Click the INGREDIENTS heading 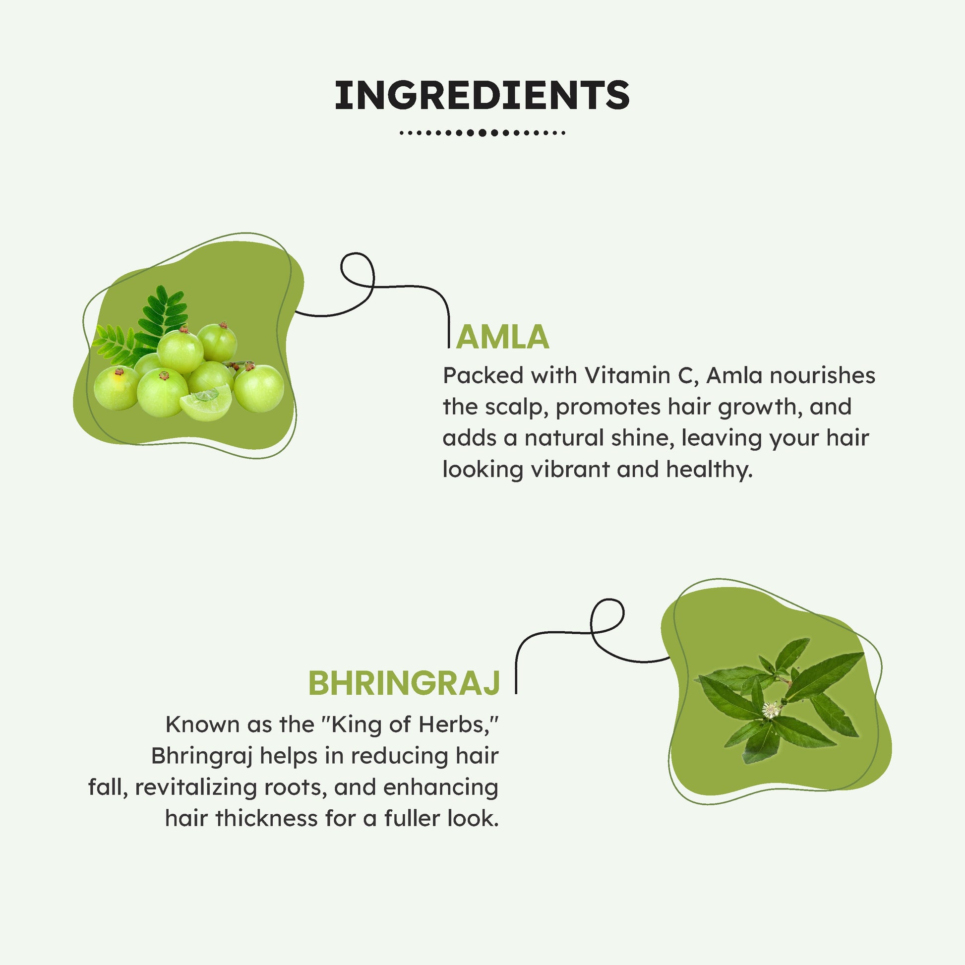(x=482, y=95)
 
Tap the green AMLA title (x=502, y=337)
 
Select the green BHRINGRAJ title (x=404, y=683)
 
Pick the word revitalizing (x=195, y=787)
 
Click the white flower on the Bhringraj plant (x=771, y=709)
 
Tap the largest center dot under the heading (x=482, y=133)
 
